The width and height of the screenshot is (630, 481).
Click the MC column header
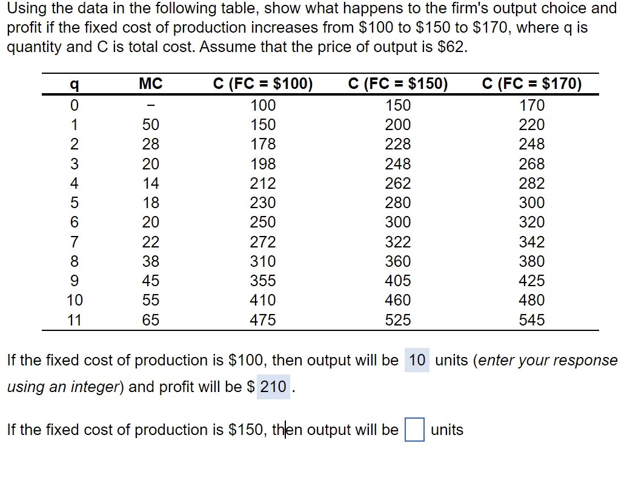pos(150,84)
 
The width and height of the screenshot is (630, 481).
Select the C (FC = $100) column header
pos(263,84)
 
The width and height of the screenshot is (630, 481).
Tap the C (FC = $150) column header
pos(398,84)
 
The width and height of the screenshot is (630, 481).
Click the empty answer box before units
pos(414,430)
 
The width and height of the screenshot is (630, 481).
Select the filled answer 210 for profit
pos(273,387)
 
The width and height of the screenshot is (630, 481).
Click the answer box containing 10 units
pos(417,361)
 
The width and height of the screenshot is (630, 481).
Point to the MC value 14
pos(150,183)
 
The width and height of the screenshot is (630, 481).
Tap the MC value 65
pos(150,320)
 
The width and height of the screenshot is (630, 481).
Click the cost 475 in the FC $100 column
pos(263,320)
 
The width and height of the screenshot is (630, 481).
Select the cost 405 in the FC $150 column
pos(398,281)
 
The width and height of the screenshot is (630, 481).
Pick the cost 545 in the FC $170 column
pos(532,320)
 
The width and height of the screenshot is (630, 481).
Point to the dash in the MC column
pos(150,106)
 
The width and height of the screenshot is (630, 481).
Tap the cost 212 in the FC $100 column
pos(263,183)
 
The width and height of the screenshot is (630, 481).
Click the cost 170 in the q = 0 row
pos(532,106)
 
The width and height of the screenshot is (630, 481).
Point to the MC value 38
pos(150,261)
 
